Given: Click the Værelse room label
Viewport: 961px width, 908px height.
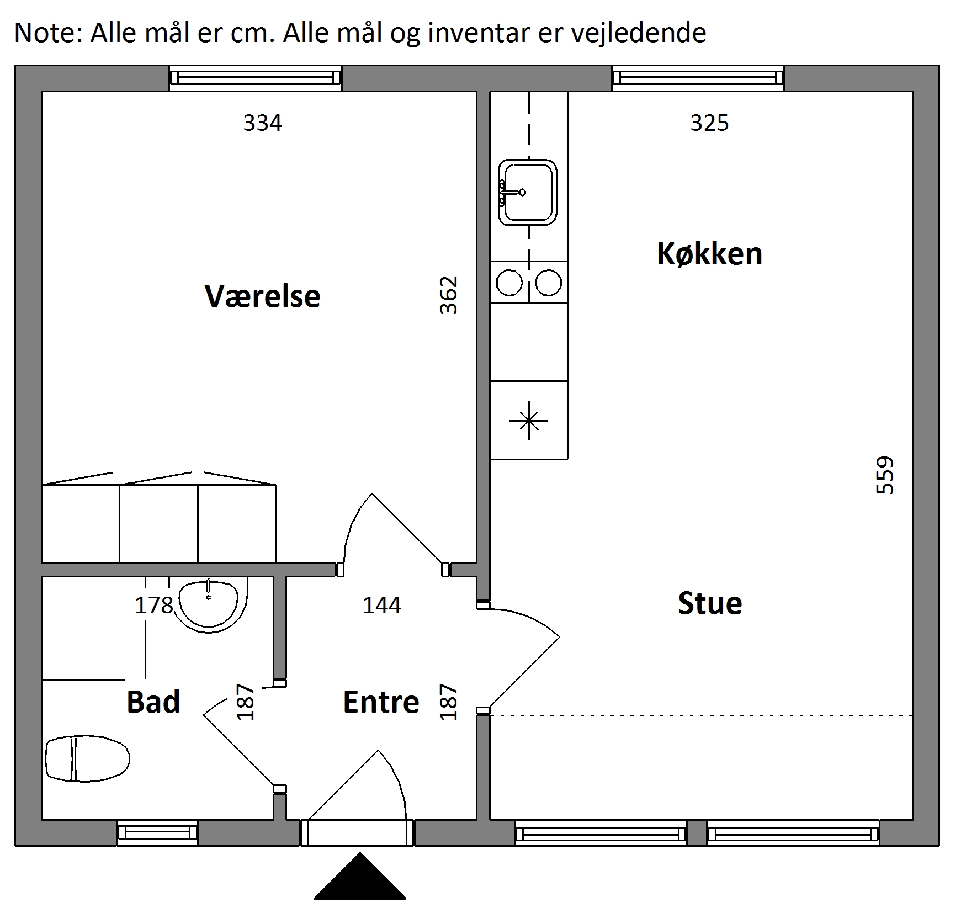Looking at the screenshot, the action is (262, 296).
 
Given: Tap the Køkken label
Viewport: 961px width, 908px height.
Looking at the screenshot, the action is (709, 254).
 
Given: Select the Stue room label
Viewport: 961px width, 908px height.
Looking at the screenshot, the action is (710, 603).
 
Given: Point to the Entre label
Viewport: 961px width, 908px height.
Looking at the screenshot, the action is (381, 702).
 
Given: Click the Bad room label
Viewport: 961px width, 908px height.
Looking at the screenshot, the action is (153, 702).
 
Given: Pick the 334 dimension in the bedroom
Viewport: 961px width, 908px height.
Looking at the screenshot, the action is (263, 123).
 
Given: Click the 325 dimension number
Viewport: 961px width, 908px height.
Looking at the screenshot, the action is (709, 123).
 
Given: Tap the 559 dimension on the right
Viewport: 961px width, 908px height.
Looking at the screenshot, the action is (884, 475).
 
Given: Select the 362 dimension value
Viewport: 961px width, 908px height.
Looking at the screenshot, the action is (448, 295).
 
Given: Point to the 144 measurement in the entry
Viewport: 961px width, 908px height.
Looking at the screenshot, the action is (382, 606).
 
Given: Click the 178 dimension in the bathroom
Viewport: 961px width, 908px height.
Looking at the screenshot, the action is (154, 606).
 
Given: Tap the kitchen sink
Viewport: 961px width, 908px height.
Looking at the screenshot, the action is (527, 192).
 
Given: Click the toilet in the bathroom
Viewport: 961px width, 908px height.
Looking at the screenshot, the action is (87, 758).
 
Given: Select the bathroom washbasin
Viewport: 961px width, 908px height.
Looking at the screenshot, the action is (209, 605).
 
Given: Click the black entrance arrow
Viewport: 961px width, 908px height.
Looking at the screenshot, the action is (360, 877).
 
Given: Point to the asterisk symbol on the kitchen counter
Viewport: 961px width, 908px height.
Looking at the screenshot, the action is (529, 421).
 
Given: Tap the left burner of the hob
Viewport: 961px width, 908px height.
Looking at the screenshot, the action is (509, 283).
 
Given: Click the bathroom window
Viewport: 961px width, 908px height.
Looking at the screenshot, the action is (157, 832).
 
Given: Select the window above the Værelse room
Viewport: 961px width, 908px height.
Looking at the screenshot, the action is (256, 78).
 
